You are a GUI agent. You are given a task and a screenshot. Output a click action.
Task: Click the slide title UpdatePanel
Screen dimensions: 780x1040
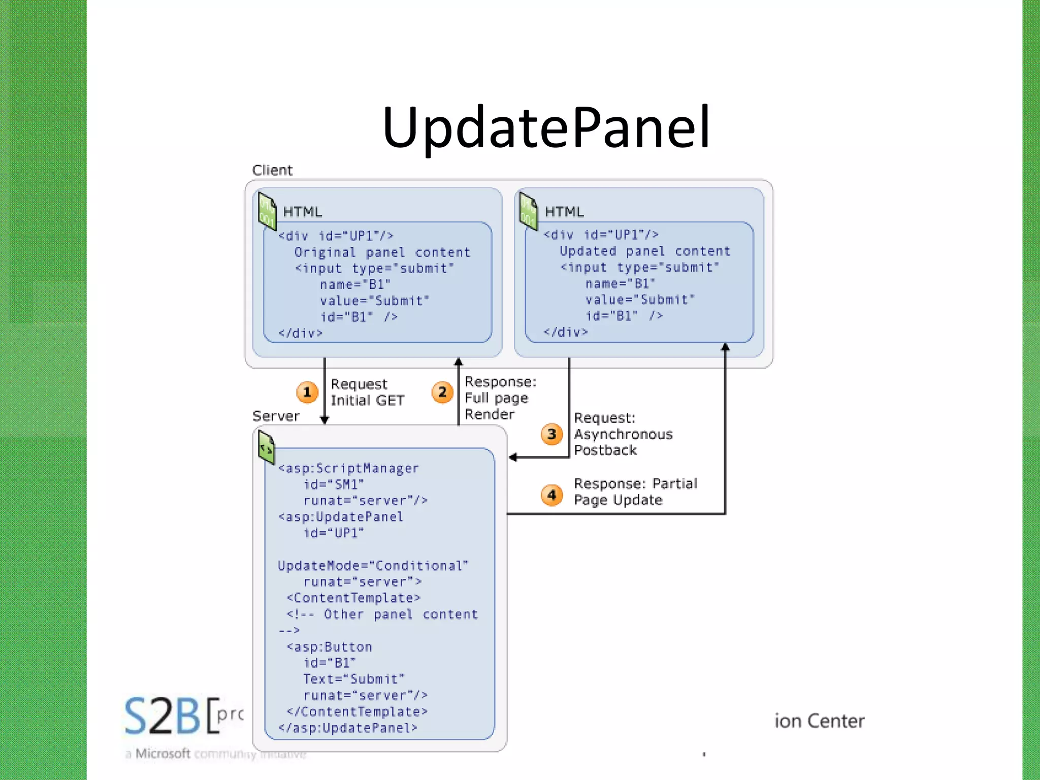(546, 127)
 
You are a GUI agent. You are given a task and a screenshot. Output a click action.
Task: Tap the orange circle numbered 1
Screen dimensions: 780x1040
(307, 392)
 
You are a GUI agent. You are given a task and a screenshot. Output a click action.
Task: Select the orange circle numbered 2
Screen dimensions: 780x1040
(442, 392)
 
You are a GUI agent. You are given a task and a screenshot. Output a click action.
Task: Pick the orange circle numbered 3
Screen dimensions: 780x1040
(552, 434)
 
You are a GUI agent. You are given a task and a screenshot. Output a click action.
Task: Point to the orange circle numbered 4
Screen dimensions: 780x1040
(552, 495)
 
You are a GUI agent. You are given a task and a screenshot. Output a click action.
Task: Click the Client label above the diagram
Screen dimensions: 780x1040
(272, 170)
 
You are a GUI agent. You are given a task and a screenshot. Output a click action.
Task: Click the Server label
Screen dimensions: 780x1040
(276, 416)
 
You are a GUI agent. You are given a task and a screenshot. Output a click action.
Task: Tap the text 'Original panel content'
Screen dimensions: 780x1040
(382, 252)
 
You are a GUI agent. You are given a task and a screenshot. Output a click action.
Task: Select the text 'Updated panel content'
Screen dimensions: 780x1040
(644, 251)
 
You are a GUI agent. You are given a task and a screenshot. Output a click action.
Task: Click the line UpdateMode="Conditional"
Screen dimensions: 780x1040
(373, 566)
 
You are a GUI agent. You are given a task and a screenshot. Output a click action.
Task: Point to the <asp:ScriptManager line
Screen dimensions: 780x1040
(348, 468)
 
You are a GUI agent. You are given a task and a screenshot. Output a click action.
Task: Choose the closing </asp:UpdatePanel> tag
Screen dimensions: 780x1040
(348, 728)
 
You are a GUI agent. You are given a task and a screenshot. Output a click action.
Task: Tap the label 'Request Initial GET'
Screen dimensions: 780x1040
(367, 392)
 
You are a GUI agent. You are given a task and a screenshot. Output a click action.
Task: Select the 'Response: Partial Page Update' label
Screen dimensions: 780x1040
(635, 492)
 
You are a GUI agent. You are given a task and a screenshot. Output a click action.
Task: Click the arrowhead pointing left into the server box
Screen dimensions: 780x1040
(513, 458)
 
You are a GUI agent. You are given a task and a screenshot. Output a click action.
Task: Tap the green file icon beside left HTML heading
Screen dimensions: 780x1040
(267, 210)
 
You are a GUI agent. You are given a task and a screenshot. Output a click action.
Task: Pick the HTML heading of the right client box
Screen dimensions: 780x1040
(564, 212)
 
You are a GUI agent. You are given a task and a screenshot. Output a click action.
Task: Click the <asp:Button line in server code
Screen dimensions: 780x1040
(329, 647)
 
